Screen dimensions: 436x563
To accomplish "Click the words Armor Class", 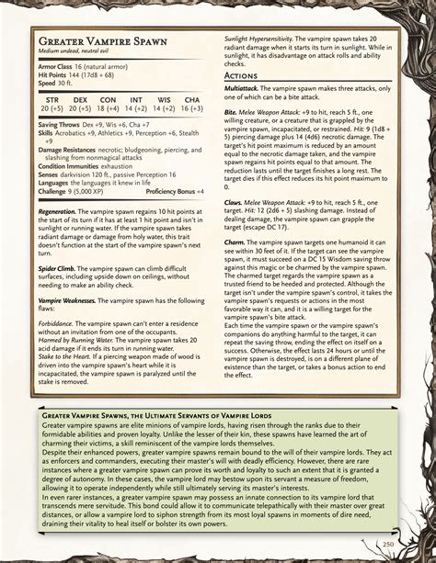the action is [54, 67].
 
